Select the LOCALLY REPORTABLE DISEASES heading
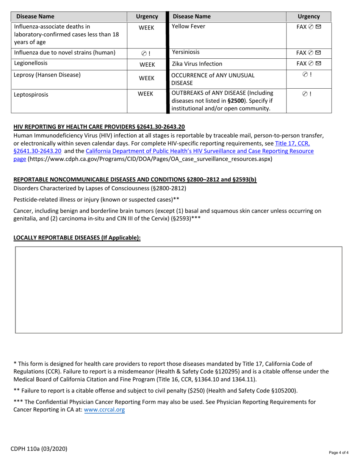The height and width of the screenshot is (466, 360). click(77, 238)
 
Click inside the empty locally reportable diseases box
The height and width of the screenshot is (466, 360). click(178, 290)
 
